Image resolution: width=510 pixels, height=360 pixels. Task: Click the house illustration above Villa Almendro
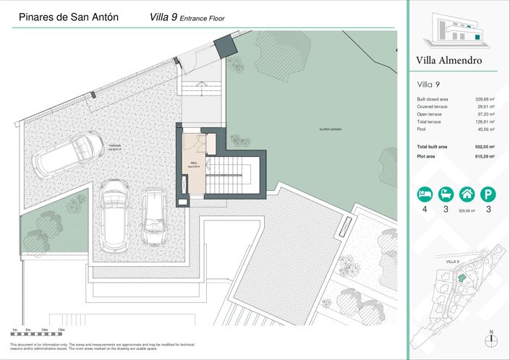tap(454, 30)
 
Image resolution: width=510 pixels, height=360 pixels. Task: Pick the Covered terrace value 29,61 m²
tap(484, 107)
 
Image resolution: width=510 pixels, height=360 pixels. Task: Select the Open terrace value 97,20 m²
tap(484, 114)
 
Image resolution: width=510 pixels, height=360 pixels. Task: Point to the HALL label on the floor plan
tap(194, 163)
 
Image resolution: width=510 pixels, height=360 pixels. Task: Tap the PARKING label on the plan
tap(116, 145)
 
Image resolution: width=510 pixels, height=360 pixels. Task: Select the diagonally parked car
tap(70, 153)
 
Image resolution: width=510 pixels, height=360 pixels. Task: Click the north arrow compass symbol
tap(491, 340)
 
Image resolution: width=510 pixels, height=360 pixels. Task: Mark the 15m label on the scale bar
tap(61, 330)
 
